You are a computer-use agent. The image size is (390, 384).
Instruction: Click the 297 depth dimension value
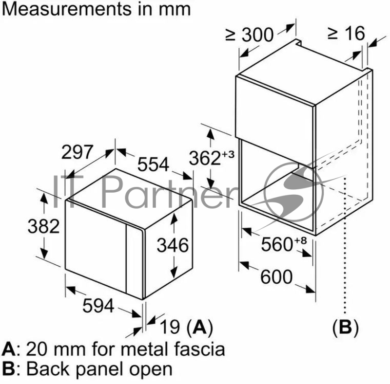(x=77, y=152)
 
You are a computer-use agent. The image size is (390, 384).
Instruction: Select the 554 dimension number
(x=153, y=165)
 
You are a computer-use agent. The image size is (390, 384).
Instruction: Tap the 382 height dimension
(x=43, y=226)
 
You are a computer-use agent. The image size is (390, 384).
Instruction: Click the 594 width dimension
(x=97, y=306)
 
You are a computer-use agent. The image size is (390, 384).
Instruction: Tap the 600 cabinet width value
(x=276, y=277)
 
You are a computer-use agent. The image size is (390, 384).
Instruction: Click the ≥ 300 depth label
(x=250, y=35)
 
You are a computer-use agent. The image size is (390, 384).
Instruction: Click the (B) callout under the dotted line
(x=345, y=327)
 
